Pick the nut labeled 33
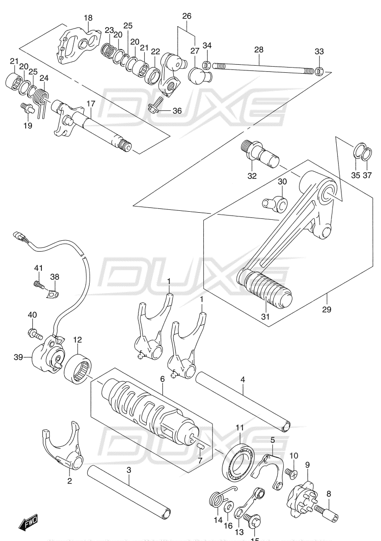click(320, 71)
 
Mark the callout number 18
click(88, 18)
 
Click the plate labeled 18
click(80, 44)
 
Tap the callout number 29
click(327, 309)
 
